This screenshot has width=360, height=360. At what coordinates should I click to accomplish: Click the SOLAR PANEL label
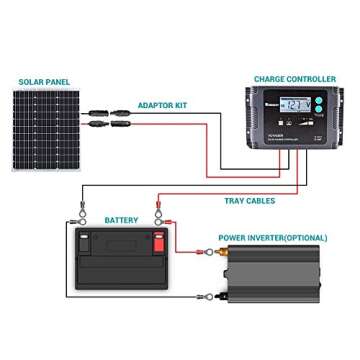pos(43,81)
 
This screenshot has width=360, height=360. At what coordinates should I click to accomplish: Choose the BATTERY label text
pos(121,218)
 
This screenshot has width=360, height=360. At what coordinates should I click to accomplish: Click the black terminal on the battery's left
pos(87,240)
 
